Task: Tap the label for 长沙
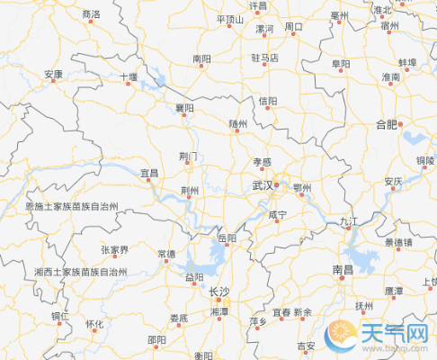pyautogui.click(x=218, y=292)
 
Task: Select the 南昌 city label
pyautogui.click(x=343, y=268)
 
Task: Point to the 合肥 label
pyautogui.click(x=386, y=123)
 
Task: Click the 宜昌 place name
pyautogui.click(x=148, y=171)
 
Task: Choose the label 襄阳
pyautogui.click(x=184, y=108)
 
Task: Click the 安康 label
pyautogui.click(x=53, y=74)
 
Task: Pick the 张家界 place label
pyautogui.click(x=114, y=249)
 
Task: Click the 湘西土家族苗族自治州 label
pyautogui.click(x=81, y=271)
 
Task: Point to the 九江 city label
pyautogui.click(x=349, y=220)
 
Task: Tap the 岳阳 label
pyautogui.click(x=227, y=238)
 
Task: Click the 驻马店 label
pyautogui.click(x=264, y=58)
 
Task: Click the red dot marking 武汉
pyautogui.click(x=276, y=186)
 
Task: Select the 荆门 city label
pyautogui.click(x=189, y=157)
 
